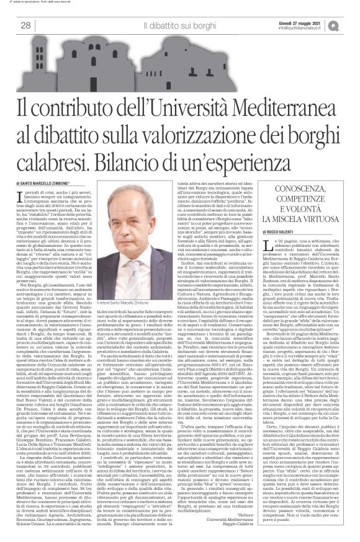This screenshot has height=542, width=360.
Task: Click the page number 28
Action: (x=25, y=25)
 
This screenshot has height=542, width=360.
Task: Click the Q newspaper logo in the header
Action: (x=349, y=25)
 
